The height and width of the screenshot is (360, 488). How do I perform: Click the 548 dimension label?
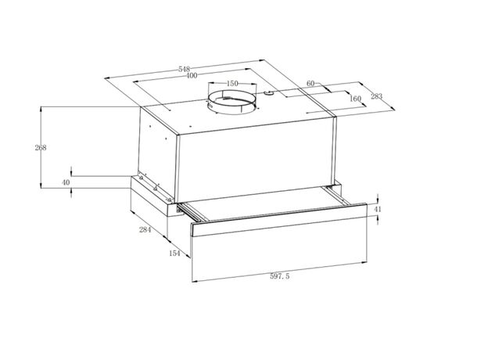(x=185, y=69)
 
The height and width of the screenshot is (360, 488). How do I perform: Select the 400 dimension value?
(x=192, y=76)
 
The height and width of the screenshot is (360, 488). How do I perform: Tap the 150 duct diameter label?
(x=232, y=84)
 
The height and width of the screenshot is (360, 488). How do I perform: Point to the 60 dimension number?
(x=310, y=83)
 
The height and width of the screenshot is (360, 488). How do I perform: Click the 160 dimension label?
(x=355, y=99)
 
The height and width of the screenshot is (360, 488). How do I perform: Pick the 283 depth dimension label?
(x=376, y=96)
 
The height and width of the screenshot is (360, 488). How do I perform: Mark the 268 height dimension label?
(x=41, y=148)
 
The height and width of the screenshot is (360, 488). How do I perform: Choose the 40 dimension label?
(x=66, y=182)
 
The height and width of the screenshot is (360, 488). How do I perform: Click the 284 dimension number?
(x=145, y=230)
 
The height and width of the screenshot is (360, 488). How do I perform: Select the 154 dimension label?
(x=174, y=254)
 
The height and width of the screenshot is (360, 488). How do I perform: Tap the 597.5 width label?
(x=279, y=276)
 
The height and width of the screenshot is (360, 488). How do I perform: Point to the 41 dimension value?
(x=377, y=209)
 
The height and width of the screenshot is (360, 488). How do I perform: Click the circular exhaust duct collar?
(x=232, y=102)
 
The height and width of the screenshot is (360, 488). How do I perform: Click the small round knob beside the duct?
(x=268, y=93)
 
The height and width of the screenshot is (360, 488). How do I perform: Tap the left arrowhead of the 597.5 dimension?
(x=195, y=281)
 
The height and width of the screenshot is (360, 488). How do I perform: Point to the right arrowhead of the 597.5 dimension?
(x=364, y=263)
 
